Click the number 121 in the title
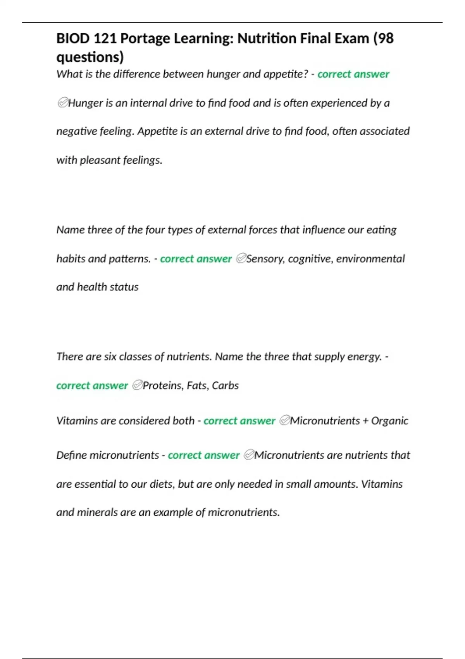click(105, 38)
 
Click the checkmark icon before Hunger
click(62, 103)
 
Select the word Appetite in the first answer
click(157, 131)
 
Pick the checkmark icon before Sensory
click(241, 258)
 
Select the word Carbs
click(225, 385)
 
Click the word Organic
click(389, 421)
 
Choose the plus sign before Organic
click(365, 421)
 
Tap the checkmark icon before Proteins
click(137, 385)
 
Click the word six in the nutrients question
click(110, 357)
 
